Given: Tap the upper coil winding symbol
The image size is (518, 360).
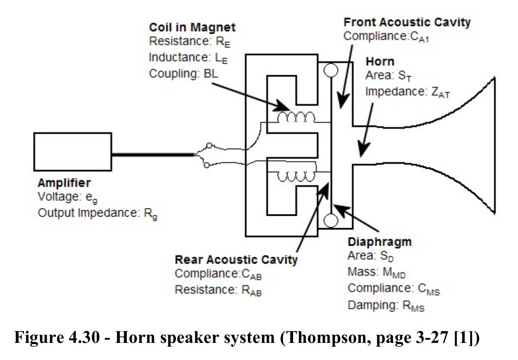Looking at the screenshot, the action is (x=296, y=117).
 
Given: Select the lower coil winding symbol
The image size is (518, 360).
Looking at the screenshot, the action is (x=296, y=177).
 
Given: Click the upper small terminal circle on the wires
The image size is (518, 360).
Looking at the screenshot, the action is (x=209, y=146).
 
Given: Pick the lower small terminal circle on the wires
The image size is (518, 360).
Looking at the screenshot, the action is (x=207, y=165).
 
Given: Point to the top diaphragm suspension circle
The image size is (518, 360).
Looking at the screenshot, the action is (x=330, y=70).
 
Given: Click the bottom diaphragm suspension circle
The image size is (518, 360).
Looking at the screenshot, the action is (x=330, y=220).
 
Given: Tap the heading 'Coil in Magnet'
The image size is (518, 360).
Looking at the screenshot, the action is (x=192, y=27).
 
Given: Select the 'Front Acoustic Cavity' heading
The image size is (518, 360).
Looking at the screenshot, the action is (x=407, y=22).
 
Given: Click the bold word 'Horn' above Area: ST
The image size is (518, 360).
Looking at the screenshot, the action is (x=380, y=62).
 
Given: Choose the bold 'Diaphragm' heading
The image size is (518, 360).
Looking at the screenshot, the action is (x=380, y=242).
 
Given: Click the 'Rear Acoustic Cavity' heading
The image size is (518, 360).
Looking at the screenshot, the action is (x=236, y=260).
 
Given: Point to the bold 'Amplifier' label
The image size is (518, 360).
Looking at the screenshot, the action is (x=64, y=183).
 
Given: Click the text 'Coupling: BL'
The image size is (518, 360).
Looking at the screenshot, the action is (x=184, y=74).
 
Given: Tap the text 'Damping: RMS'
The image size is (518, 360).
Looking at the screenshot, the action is (x=386, y=306).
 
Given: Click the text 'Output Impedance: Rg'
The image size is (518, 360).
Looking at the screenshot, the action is (x=98, y=213).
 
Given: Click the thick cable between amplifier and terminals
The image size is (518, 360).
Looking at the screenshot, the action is (x=154, y=155).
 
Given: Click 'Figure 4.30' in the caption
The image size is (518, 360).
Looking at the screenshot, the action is (x=57, y=337).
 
